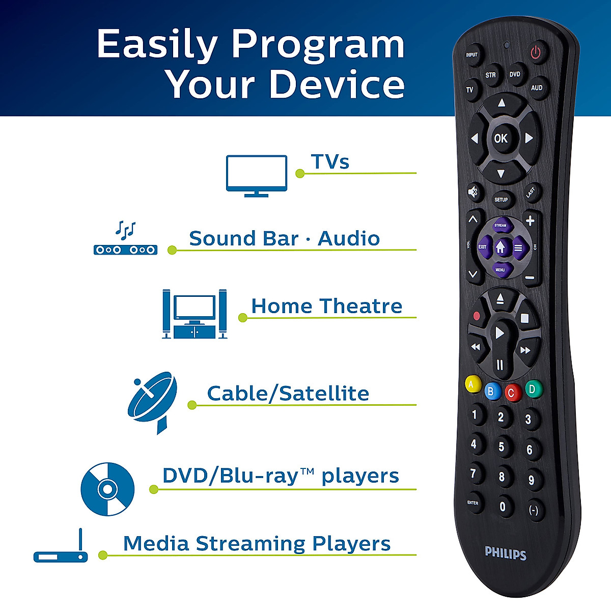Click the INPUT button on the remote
click(x=471, y=54)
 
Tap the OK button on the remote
click(x=501, y=138)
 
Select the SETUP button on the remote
click(x=501, y=200)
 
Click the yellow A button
click(x=473, y=384)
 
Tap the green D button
click(x=533, y=390)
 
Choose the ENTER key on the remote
click(x=473, y=503)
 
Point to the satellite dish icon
click(x=152, y=401)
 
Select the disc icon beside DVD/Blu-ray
click(x=107, y=489)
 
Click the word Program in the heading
click(x=318, y=45)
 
